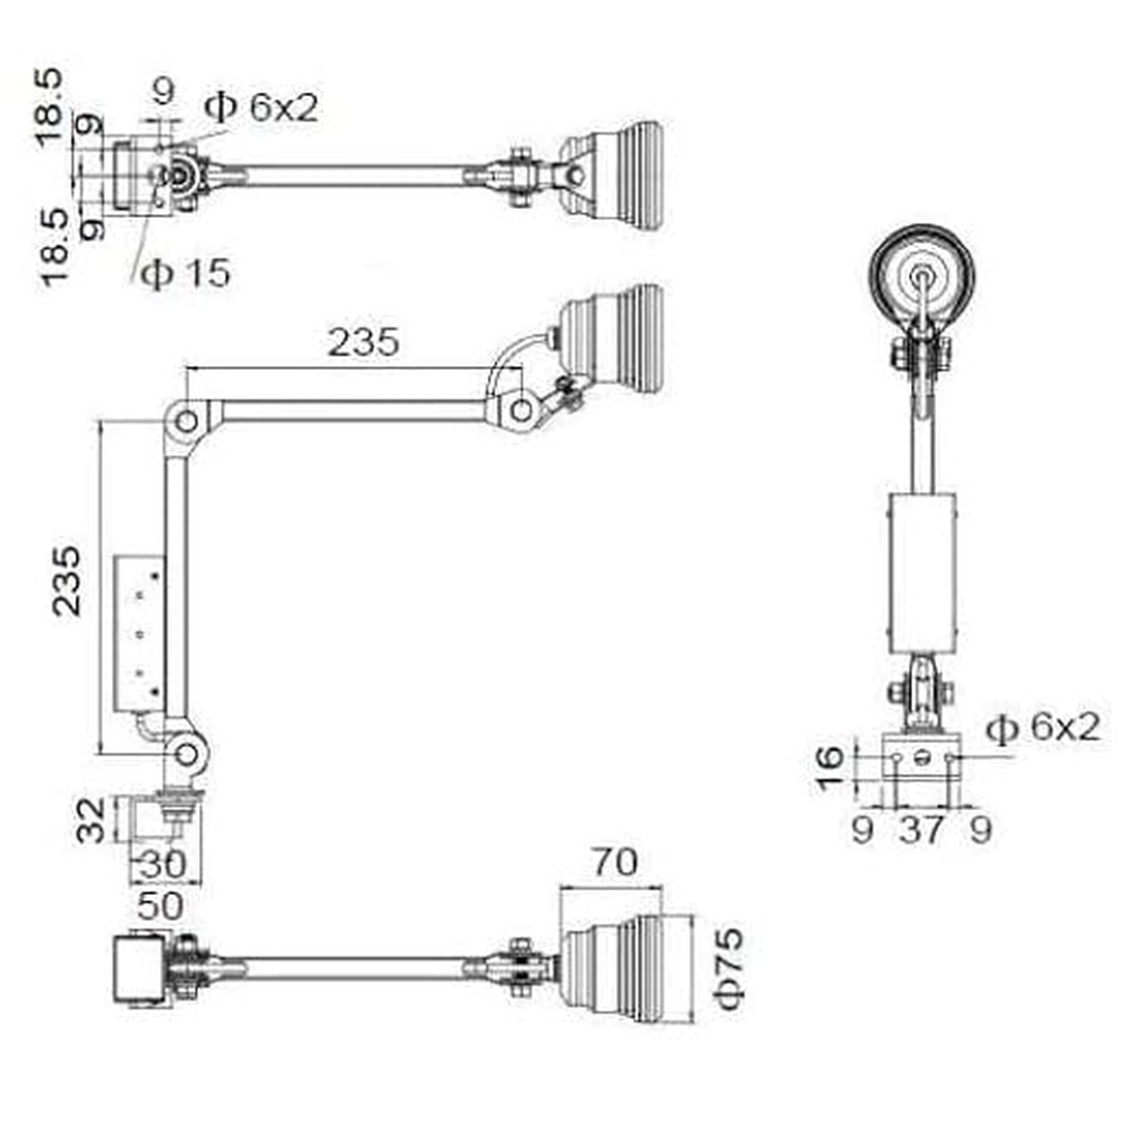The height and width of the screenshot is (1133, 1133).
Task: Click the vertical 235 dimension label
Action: click(x=66, y=581)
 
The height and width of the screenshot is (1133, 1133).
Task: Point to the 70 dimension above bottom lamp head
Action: click(x=615, y=862)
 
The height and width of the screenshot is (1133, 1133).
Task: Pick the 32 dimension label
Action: click(x=92, y=820)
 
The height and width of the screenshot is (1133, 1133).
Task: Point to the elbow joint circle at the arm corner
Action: click(x=186, y=422)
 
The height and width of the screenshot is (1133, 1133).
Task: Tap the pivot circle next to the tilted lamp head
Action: click(x=521, y=411)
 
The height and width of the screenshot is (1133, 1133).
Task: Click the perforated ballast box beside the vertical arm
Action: click(x=139, y=633)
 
